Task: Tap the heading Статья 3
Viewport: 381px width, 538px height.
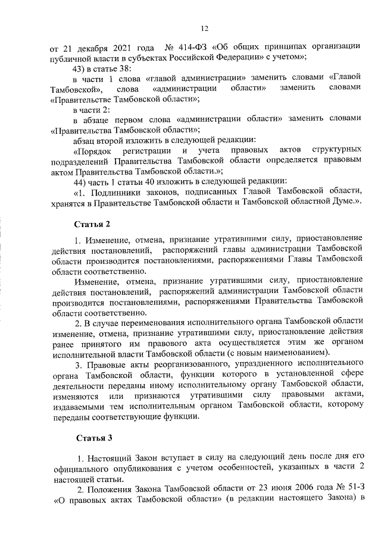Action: (93, 439)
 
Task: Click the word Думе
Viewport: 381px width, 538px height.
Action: (342, 202)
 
